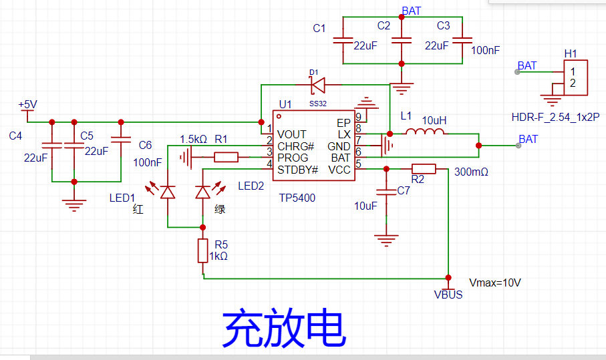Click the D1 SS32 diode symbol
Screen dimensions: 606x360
(x=317, y=85)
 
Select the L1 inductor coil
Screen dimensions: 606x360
(x=425, y=132)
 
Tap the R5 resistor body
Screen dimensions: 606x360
(x=203, y=250)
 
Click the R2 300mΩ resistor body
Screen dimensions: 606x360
(x=424, y=169)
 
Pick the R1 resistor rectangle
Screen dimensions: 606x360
(x=226, y=157)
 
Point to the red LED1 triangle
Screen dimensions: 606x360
(x=167, y=192)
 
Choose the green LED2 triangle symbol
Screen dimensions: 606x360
(x=203, y=192)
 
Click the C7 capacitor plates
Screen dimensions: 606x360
(x=386, y=192)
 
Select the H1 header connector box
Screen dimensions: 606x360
(x=575, y=77)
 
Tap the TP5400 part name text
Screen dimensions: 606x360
(x=297, y=198)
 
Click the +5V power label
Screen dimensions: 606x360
(x=27, y=104)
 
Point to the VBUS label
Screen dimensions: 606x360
(x=448, y=295)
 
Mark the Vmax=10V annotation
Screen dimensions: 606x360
(x=494, y=283)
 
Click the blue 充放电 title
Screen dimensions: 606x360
(x=284, y=328)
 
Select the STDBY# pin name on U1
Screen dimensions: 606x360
(x=297, y=170)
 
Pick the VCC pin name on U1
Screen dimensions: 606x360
(x=339, y=170)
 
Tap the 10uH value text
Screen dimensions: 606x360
(x=434, y=120)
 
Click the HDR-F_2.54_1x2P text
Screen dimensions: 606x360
(x=555, y=117)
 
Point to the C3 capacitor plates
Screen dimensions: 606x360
(x=462, y=40)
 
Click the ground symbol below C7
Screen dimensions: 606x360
(x=386, y=240)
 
